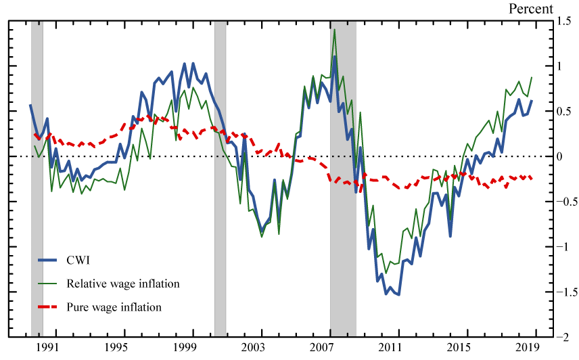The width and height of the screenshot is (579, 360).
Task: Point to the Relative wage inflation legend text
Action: (x=123, y=284)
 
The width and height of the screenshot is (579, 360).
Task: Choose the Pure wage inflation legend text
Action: (x=114, y=307)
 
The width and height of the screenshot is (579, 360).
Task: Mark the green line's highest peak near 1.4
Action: (x=334, y=30)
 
